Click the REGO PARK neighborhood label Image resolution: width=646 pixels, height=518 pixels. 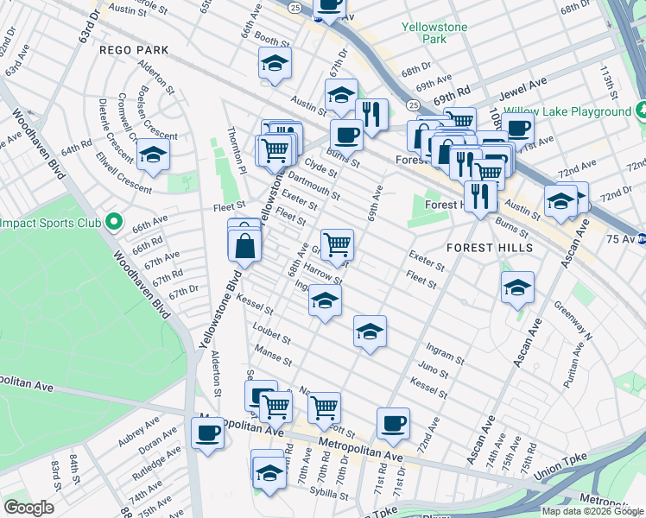pyautogui.click(x=134, y=50)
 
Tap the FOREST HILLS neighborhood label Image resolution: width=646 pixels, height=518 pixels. pyautogui.click(x=490, y=247)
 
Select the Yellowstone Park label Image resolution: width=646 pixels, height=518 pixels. pyautogui.click(x=434, y=34)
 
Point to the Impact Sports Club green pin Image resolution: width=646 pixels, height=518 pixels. pyautogui.click(x=113, y=223)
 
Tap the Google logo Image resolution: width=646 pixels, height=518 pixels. pyautogui.click(x=28, y=508)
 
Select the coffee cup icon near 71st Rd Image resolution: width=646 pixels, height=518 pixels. pyautogui.click(x=393, y=423)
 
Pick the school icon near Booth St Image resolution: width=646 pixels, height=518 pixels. pyautogui.click(x=275, y=63)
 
